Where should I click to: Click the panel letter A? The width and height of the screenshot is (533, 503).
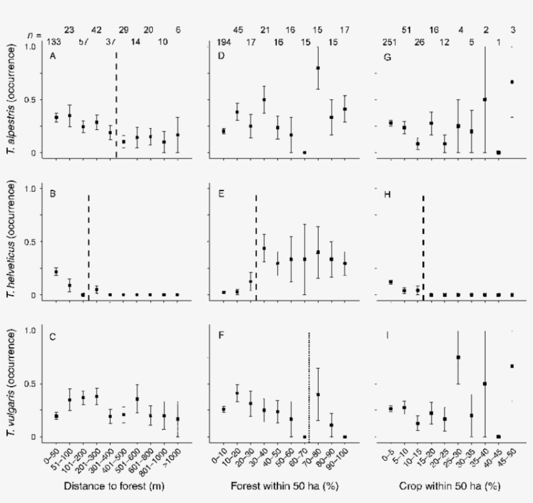(x=52, y=57)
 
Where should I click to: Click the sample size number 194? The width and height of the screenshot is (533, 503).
(x=224, y=43)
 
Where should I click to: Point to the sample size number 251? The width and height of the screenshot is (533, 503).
(x=390, y=43)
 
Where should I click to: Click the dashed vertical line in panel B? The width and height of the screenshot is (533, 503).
(x=88, y=247)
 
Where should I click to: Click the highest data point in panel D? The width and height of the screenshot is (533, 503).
(x=318, y=68)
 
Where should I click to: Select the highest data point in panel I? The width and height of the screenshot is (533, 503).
(x=459, y=357)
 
